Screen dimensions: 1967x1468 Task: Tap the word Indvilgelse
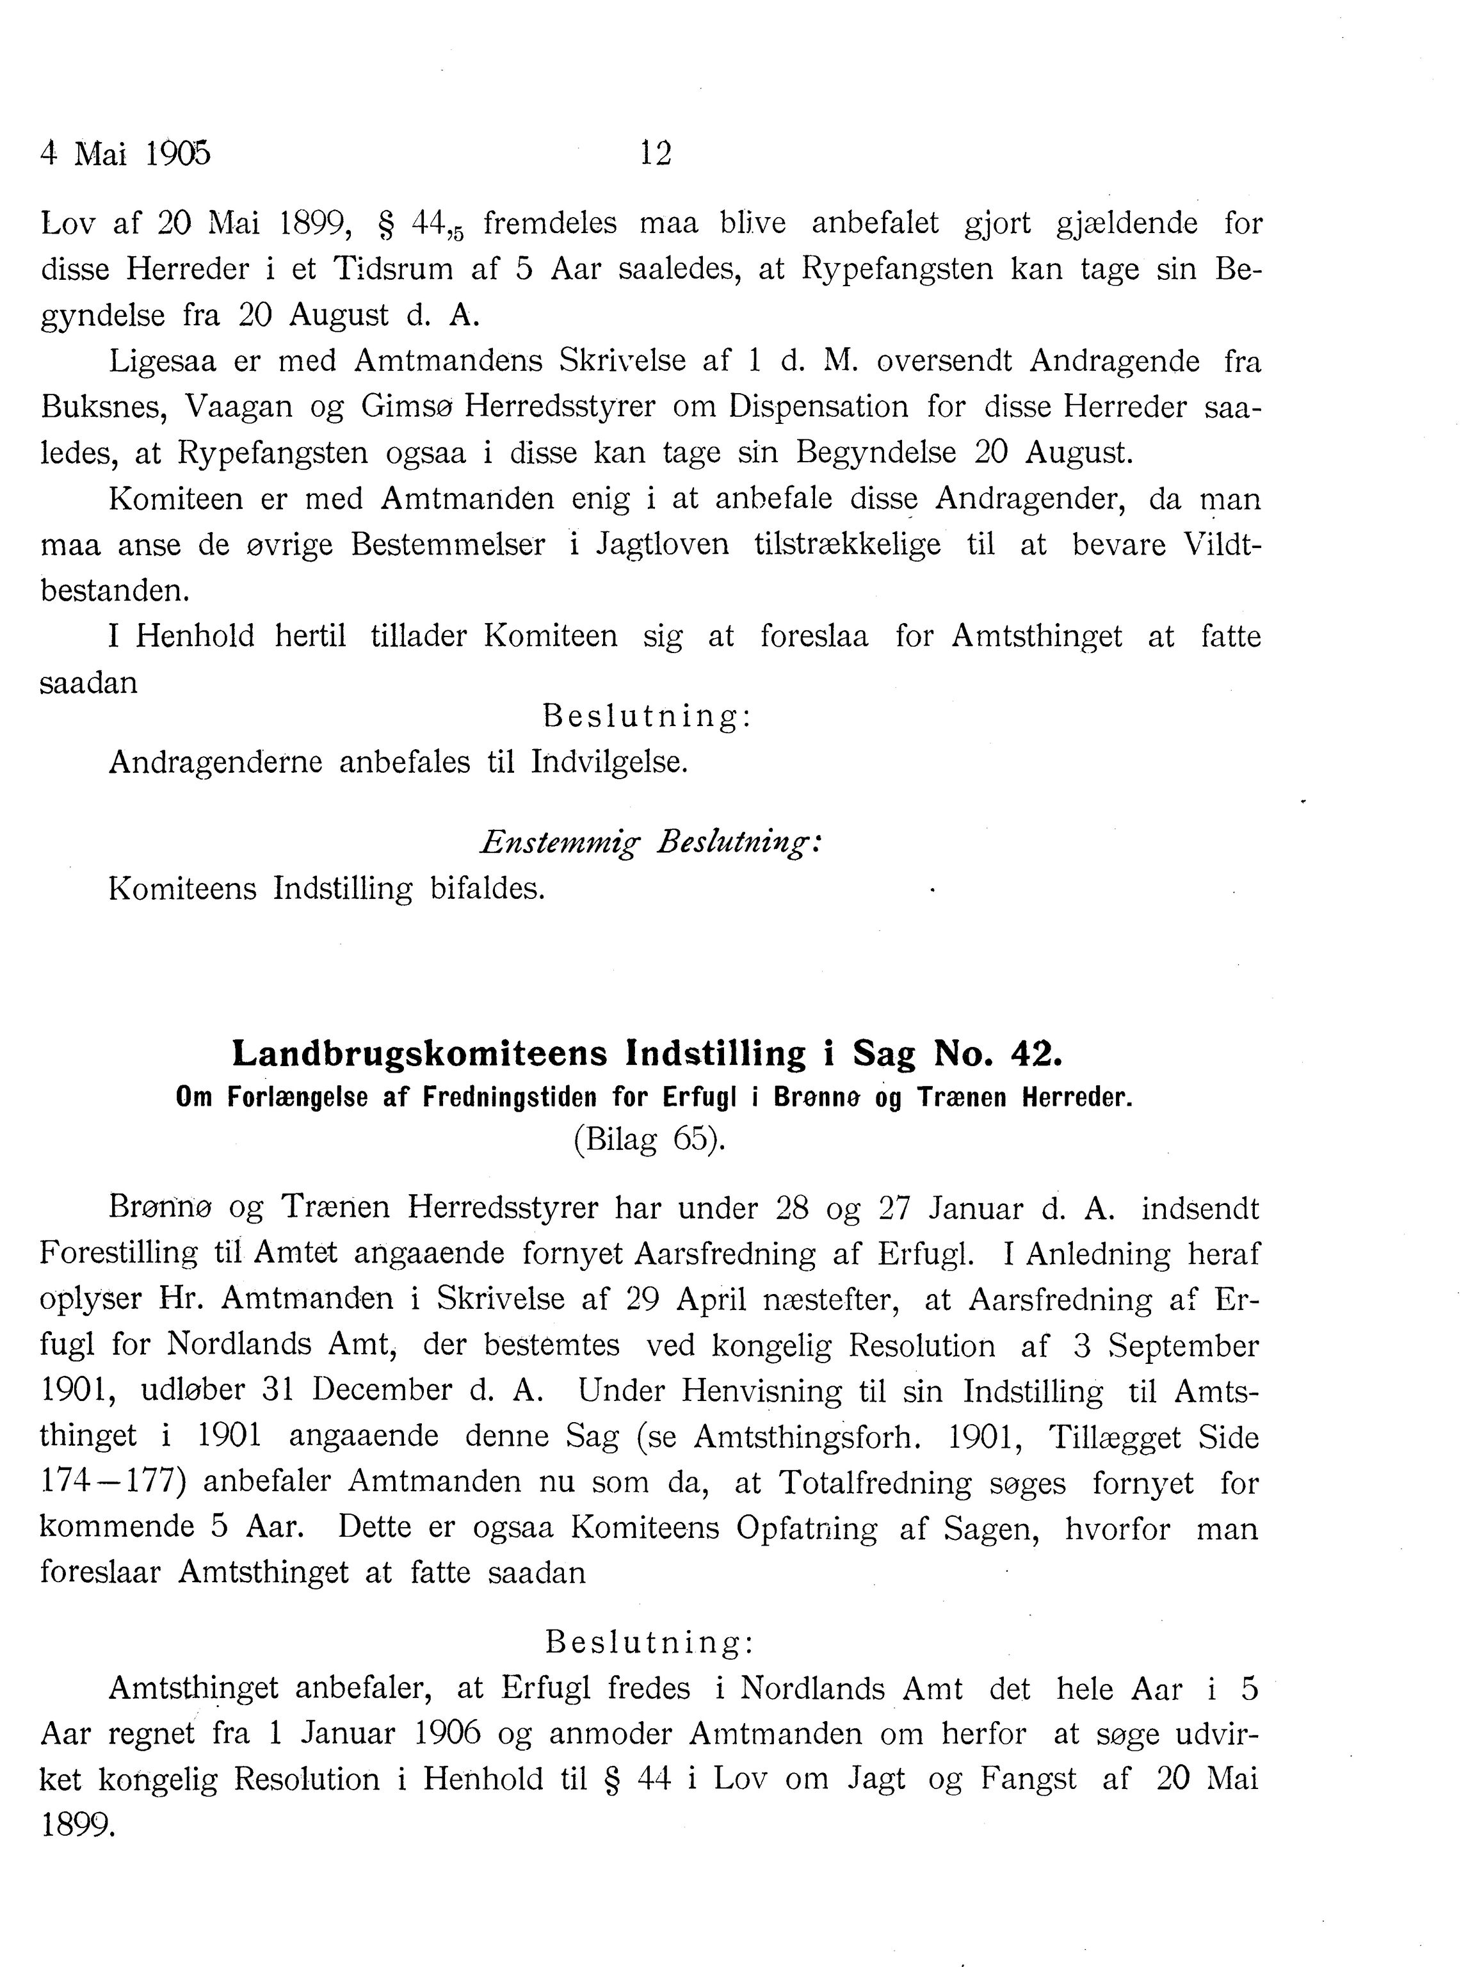pos(609,762)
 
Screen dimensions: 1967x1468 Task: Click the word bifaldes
pos(487,888)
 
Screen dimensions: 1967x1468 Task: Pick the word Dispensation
pos(818,407)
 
